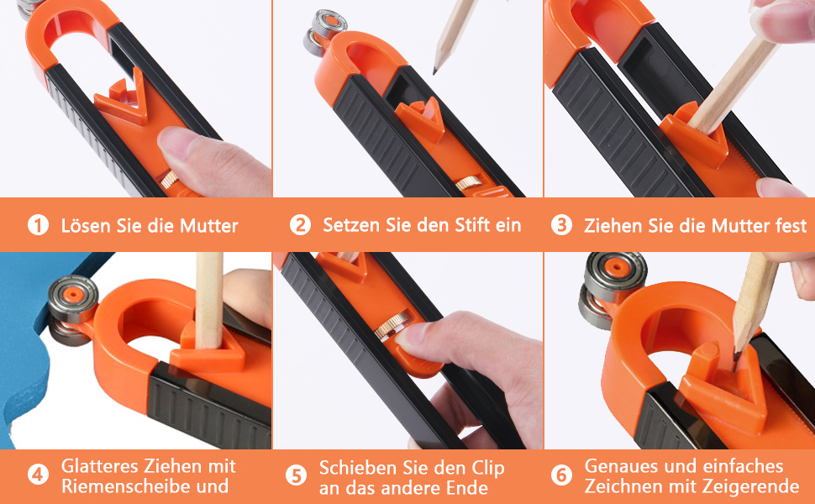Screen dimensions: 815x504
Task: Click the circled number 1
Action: [38, 225]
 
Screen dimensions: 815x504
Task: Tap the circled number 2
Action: [300, 225]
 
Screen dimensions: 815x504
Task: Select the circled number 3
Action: [561, 225]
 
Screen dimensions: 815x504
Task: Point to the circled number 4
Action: [38, 475]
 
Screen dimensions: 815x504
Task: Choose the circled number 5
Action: [296, 475]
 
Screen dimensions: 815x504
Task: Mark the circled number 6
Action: [561, 475]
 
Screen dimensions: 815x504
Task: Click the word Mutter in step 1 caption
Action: [208, 226]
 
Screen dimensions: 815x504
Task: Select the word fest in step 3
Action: [791, 225]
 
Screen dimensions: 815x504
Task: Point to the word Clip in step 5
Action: [488, 469]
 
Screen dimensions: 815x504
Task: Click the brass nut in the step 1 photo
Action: [170, 180]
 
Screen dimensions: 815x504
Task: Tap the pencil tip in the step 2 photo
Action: [435, 70]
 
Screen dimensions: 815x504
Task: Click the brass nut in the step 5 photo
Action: [392, 326]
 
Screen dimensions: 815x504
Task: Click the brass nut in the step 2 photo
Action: [469, 183]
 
